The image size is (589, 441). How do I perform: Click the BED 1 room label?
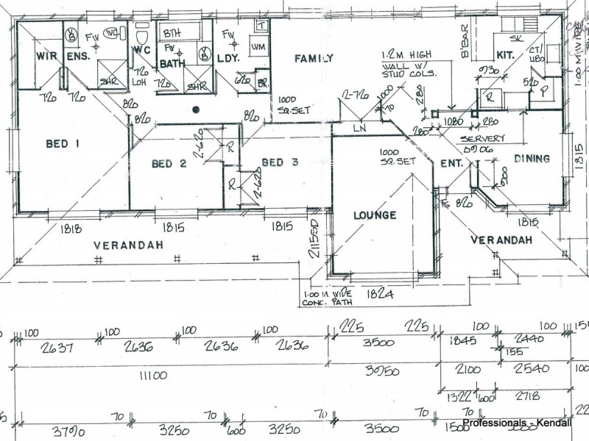63,144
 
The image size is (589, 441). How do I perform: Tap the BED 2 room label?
169,163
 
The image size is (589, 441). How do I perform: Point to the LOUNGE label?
374,215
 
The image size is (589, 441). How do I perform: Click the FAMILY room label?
314,58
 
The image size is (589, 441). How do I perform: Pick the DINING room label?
532,158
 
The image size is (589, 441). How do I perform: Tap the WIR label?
48,56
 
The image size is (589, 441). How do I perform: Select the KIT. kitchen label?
504,54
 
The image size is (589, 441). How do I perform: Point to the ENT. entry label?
451,163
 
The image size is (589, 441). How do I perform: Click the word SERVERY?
482,139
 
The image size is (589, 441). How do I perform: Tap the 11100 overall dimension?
152,376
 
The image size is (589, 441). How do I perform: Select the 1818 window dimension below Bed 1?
70,229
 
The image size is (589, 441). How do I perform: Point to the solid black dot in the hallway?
196,110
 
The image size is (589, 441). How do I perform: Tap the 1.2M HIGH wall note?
407,55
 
